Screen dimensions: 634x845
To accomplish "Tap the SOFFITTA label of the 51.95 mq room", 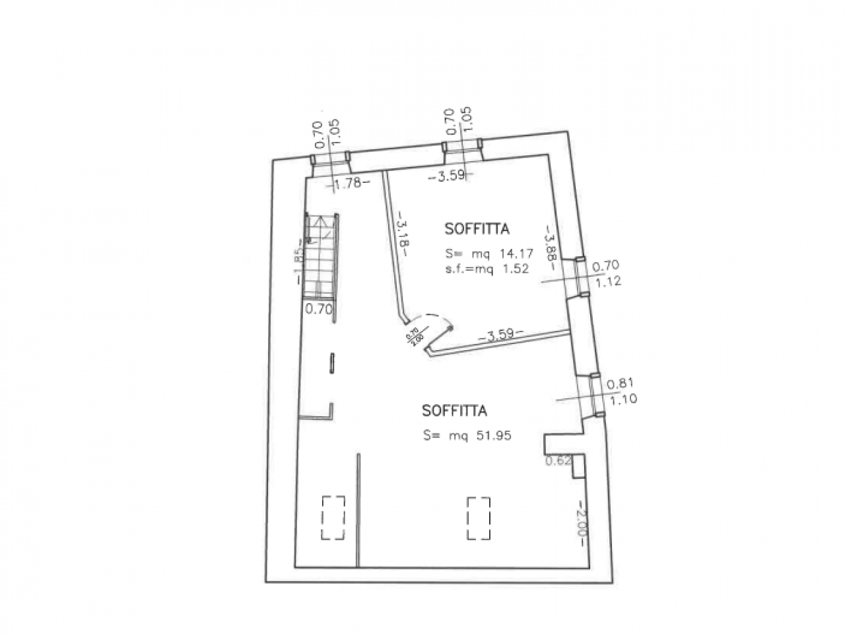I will (x=454, y=411).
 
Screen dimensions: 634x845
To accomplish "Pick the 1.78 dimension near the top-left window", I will (x=348, y=184).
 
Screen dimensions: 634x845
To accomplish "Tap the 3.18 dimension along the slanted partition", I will (x=402, y=233).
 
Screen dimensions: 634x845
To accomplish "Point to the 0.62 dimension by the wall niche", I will (x=558, y=461).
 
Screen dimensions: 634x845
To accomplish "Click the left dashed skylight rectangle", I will (x=333, y=518).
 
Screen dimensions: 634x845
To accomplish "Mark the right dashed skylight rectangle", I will (x=479, y=518).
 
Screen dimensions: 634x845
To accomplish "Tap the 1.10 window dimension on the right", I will (x=621, y=399).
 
